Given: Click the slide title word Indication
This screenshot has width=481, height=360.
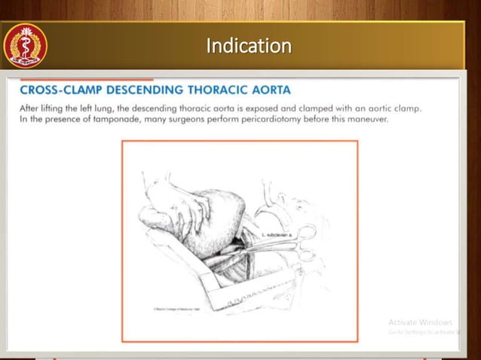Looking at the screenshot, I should (x=248, y=47).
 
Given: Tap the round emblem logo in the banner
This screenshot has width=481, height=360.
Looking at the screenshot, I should (x=26, y=46).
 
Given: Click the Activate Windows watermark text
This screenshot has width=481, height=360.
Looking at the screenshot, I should (x=420, y=322).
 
